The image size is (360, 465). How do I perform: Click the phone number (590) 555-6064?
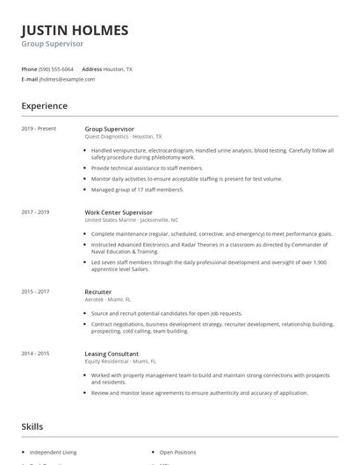pos(56,68)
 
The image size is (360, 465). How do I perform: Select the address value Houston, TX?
pos(119,68)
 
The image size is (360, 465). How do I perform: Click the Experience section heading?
pos(44,106)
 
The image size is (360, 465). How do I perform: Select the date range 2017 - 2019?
pos(36,212)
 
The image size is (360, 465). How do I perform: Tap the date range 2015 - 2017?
pos(36,290)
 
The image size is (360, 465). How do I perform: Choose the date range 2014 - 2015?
pos(36,353)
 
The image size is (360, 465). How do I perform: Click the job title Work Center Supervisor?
pos(119,212)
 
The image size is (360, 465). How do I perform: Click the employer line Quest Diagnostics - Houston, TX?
pos(123,137)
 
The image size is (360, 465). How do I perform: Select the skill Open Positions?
pos(178,452)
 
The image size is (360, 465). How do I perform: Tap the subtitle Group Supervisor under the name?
pos(53,44)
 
